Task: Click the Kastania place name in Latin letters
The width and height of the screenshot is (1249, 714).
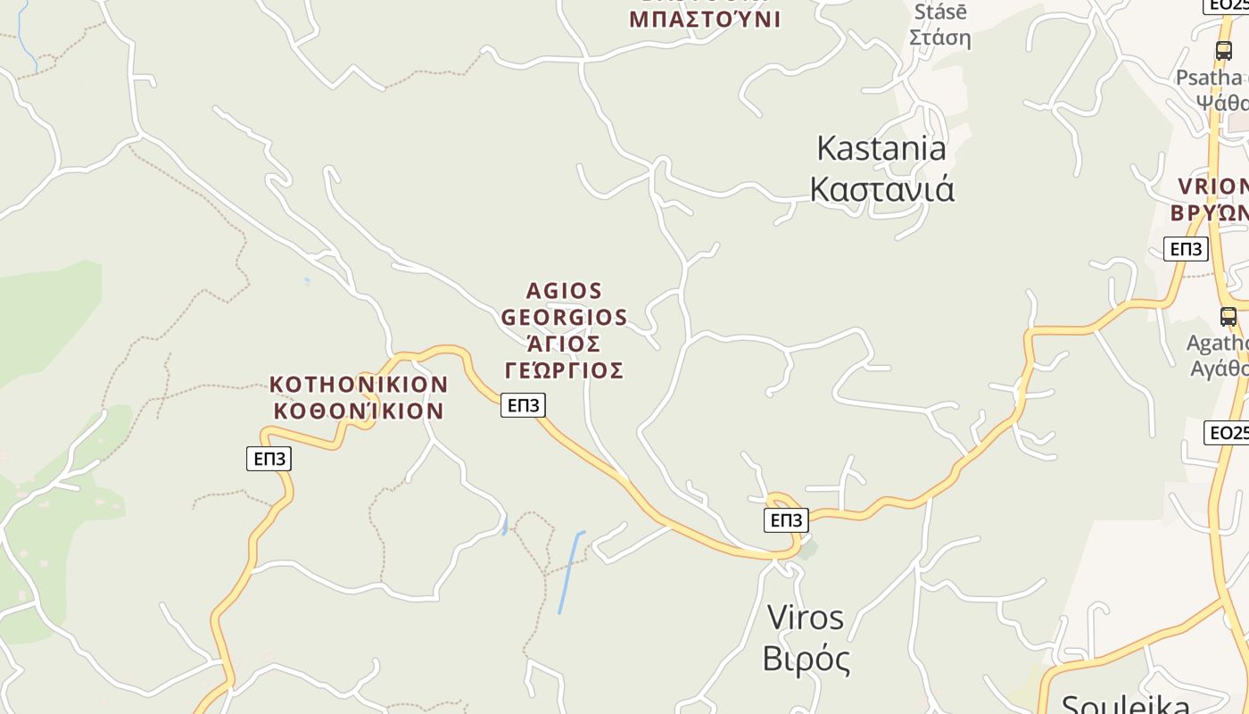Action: point(881,148)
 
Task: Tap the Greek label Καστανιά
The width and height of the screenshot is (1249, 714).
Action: point(881,189)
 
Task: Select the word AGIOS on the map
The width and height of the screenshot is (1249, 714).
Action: point(565,291)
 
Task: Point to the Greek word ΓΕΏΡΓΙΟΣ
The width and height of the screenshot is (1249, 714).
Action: point(564,370)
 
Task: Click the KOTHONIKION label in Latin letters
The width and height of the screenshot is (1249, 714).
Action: point(359,385)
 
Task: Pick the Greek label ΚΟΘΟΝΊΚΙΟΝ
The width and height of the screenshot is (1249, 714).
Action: point(359,411)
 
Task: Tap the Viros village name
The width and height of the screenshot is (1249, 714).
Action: point(805,617)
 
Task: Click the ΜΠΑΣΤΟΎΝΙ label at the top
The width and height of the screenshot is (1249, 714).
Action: point(705,20)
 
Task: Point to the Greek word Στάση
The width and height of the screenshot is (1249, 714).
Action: point(940,38)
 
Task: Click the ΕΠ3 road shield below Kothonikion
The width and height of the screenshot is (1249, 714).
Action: point(269,459)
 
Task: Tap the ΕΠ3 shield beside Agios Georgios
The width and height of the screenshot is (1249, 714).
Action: point(523,405)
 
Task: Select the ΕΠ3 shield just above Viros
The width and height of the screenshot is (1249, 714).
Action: point(786,520)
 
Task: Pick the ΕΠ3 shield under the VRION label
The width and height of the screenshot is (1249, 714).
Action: point(1186,249)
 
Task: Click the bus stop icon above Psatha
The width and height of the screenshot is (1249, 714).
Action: point(1224,51)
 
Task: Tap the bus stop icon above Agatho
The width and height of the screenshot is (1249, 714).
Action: point(1228,317)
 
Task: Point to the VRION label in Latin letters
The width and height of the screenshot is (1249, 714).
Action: point(1212,187)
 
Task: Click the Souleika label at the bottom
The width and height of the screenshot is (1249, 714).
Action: point(1125,704)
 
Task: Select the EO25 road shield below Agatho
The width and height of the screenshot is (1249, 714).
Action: point(1227,433)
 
